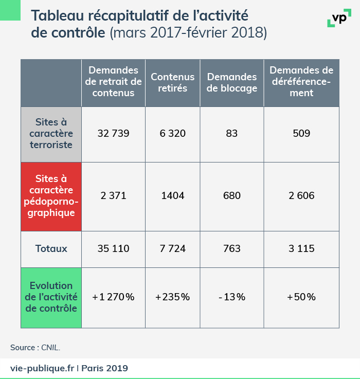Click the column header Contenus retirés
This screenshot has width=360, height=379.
(x=172, y=82)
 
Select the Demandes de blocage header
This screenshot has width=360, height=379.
(x=231, y=82)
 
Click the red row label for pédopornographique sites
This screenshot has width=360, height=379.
(x=51, y=196)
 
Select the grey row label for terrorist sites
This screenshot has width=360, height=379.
(x=51, y=134)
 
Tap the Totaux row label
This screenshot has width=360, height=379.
(x=51, y=249)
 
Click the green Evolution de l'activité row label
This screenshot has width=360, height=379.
(x=51, y=297)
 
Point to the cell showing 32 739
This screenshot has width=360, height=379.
(x=113, y=134)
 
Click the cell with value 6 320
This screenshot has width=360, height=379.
(x=172, y=134)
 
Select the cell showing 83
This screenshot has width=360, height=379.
(x=231, y=134)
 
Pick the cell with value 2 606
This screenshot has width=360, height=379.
(x=301, y=196)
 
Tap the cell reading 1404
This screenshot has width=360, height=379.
(x=172, y=196)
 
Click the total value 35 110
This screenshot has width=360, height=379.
(x=113, y=249)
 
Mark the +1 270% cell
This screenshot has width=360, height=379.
(x=113, y=297)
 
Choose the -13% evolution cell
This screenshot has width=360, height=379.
(x=231, y=297)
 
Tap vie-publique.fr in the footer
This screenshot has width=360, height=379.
(x=42, y=368)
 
